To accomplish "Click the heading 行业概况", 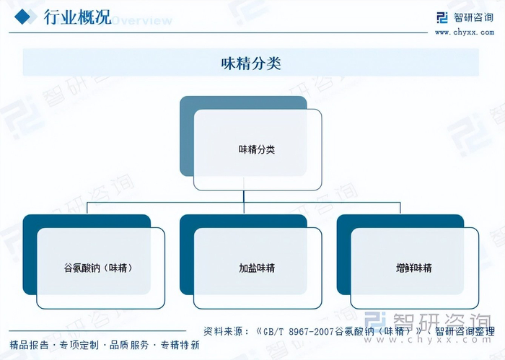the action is pos(77,17).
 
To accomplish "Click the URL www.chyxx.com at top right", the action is pos(465,32).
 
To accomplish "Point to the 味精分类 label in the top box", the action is pos(257,150).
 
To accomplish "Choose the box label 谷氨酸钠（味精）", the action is pos(100,268).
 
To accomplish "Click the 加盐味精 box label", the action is pos(257,268).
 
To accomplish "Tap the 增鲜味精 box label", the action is pos(414,268).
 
